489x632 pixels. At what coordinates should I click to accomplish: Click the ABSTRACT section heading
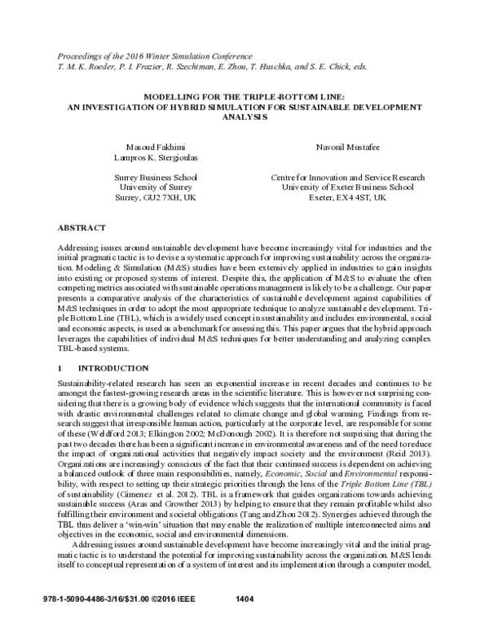tap(82, 226)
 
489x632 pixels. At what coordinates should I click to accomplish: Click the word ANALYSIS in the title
tap(244, 116)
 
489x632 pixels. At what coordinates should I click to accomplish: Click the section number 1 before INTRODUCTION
tap(60, 370)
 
